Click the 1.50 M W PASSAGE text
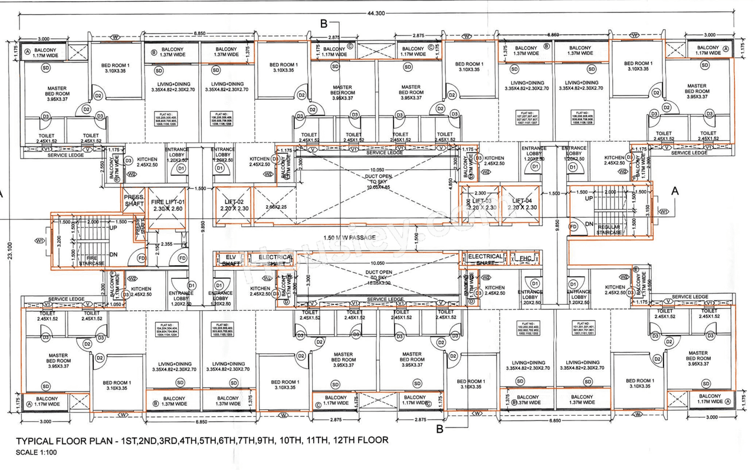350,238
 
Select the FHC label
523,258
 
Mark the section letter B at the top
323,24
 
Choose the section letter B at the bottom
439,429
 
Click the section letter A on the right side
675,191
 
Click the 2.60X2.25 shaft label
275,207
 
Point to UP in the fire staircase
114,227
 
